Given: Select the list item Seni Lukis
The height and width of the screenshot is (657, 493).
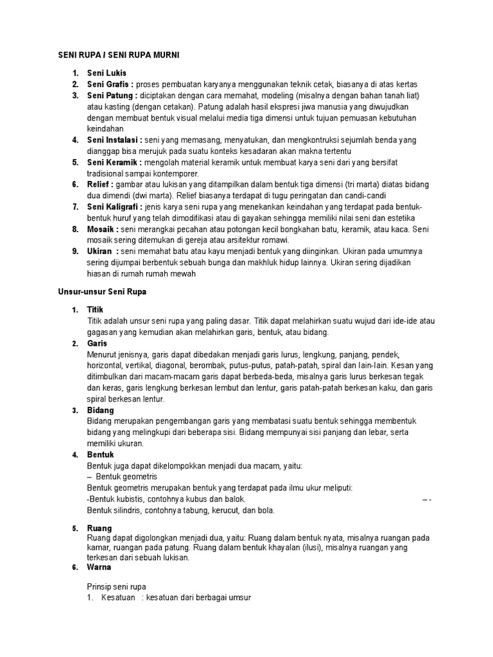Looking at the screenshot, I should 107,73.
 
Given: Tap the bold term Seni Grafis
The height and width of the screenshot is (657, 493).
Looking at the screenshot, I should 109,84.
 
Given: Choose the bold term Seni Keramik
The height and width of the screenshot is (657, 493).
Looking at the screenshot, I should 113,162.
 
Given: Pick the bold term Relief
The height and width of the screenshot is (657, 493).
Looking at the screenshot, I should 99,185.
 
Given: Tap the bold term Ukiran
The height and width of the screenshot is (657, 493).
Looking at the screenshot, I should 100,251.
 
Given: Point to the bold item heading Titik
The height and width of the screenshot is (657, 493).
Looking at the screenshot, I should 95,309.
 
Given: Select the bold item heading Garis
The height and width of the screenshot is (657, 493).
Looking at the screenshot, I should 97,343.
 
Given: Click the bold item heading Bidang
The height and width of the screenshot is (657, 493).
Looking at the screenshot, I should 100,410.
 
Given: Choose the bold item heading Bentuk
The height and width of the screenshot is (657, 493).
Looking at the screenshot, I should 100,454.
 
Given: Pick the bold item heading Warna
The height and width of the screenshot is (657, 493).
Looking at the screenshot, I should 99,567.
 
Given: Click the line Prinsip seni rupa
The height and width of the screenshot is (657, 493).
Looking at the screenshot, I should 116,586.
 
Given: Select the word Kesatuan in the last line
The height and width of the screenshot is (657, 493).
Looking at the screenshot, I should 118,598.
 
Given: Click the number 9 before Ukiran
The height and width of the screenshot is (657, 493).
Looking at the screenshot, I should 74,251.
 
